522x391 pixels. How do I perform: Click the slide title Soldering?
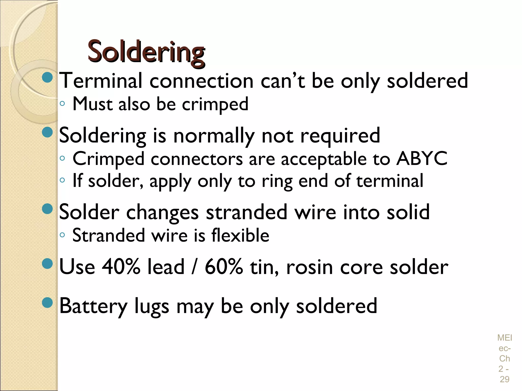[146, 52]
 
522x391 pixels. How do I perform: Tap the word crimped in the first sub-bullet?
[215, 104]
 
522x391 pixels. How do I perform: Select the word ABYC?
[422, 159]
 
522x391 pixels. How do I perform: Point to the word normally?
[214, 136]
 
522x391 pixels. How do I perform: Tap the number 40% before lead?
[121, 267]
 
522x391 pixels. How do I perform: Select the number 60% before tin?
[224, 267]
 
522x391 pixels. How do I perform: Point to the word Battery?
[93, 306]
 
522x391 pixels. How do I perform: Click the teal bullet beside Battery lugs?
[47, 303]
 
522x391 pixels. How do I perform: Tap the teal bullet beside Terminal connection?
[47, 77]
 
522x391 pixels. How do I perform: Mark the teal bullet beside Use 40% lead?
[47, 263]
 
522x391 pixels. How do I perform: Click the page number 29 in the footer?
[504, 379]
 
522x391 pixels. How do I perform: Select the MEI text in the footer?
[504, 338]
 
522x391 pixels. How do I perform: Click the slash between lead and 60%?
[194, 267]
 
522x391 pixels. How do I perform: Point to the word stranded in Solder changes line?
[246, 212]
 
